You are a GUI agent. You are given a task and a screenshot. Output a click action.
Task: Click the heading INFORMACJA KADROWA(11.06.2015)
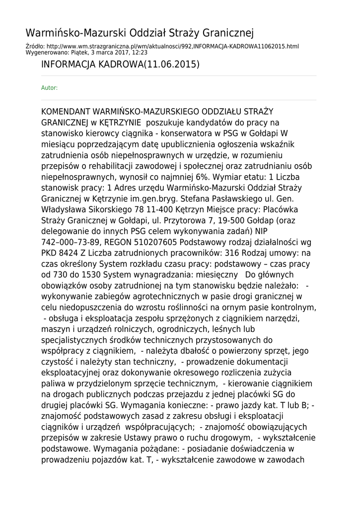pyautogui.click(x=120, y=64)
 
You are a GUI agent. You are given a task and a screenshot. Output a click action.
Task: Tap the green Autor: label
pyautogui.click(x=49, y=88)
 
